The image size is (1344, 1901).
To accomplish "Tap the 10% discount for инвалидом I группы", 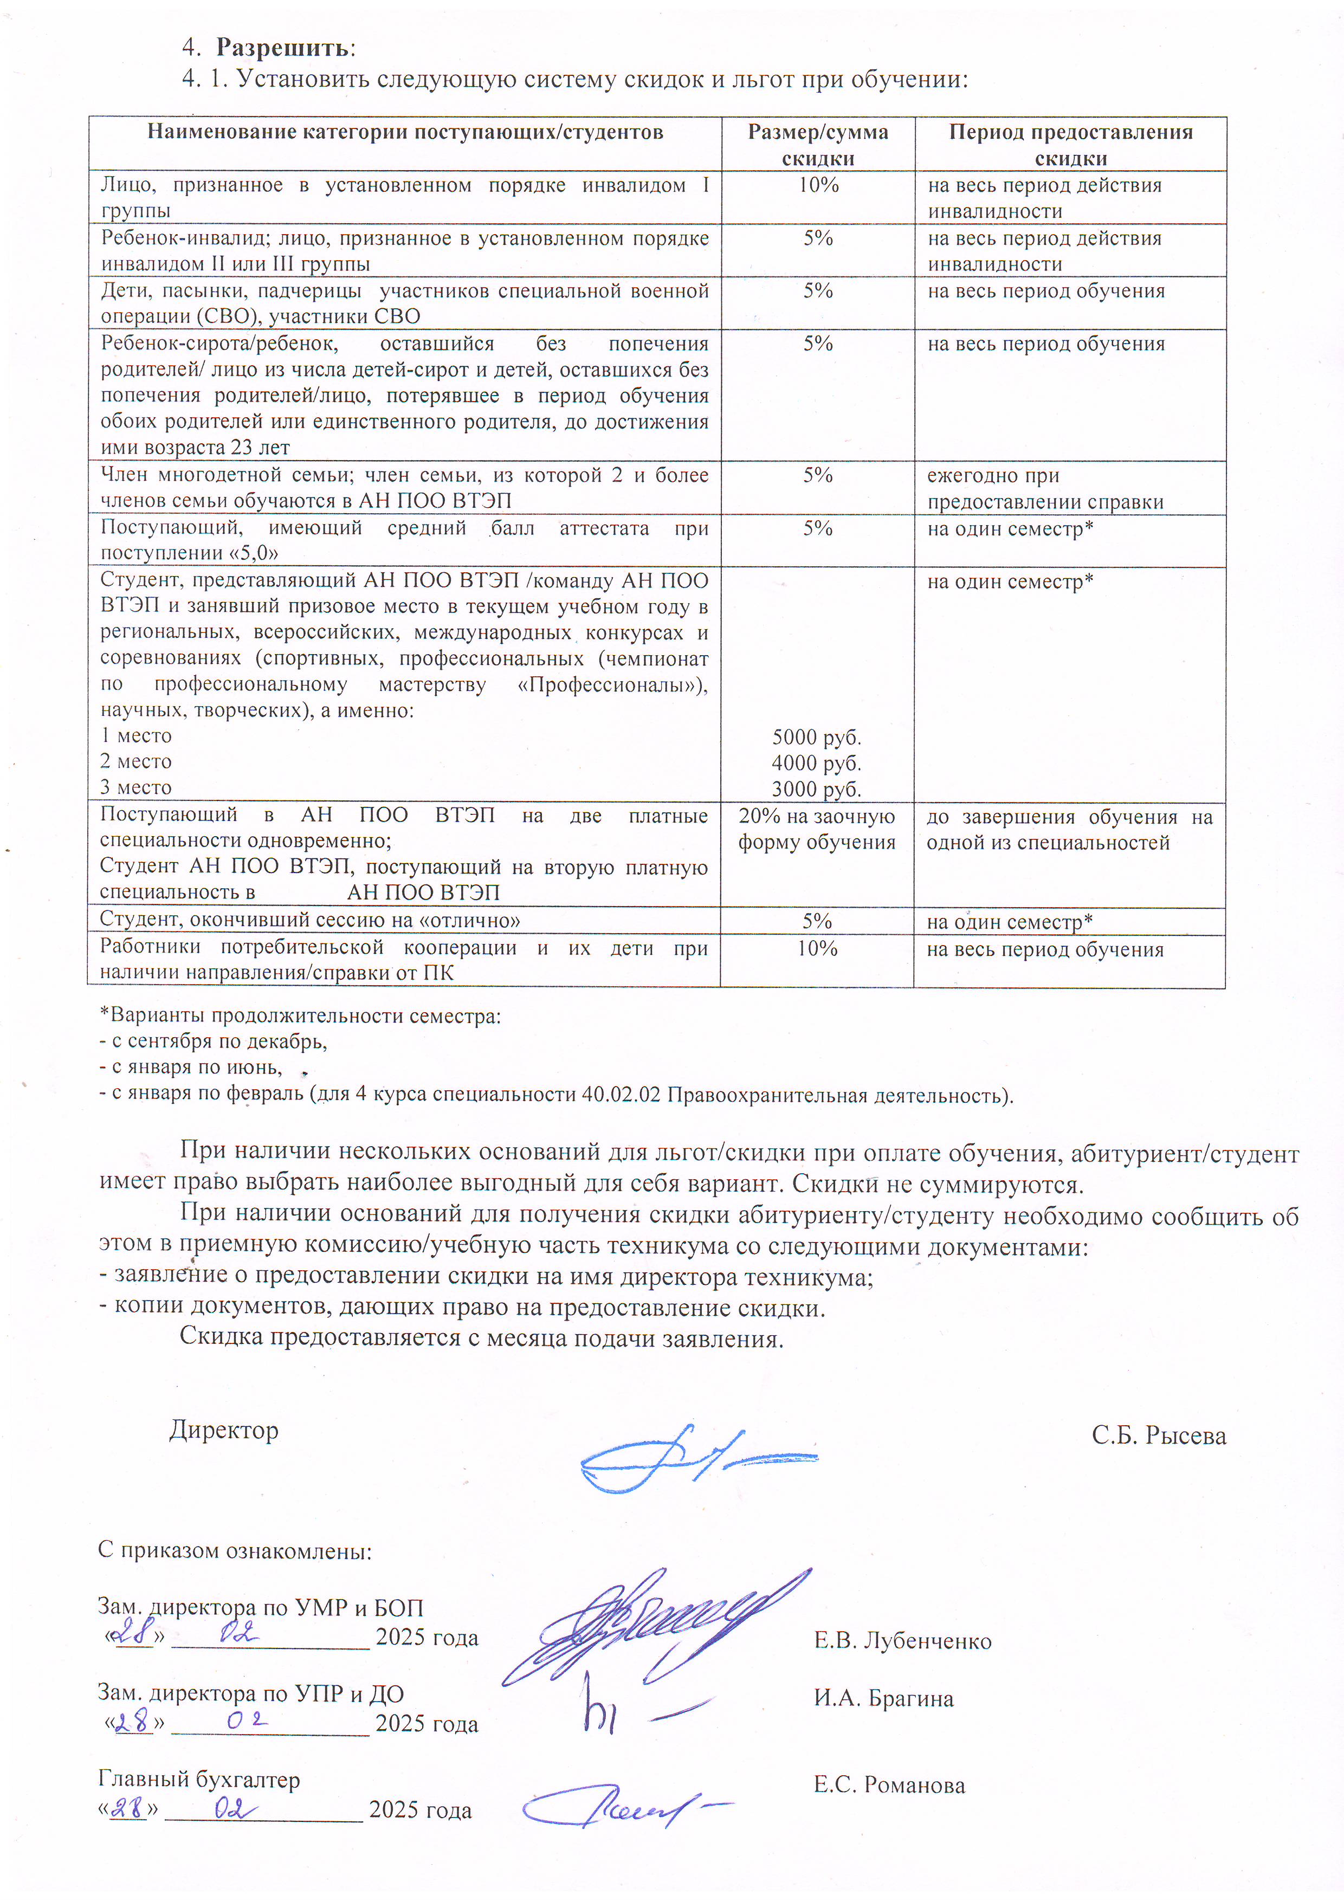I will (818, 185).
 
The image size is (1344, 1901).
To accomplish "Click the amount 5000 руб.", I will (817, 737).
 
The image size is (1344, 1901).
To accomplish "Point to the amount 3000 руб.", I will (817, 789).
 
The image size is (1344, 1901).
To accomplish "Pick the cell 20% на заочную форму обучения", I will (817, 829).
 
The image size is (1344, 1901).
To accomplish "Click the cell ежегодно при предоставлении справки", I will (1045, 488).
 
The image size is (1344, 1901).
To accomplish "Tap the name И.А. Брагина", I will (883, 1699).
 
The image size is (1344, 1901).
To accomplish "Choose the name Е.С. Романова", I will (889, 1785).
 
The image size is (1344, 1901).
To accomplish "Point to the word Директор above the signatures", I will (224, 1430).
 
